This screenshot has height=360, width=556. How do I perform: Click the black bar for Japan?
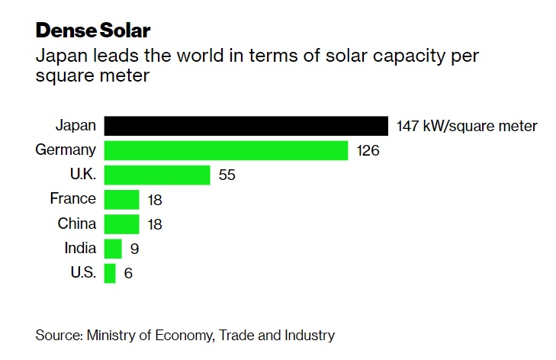[x=246, y=126]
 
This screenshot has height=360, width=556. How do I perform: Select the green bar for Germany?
[x=226, y=150]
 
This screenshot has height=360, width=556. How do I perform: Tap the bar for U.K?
[x=156, y=175]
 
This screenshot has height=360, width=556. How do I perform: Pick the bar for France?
[x=121, y=200]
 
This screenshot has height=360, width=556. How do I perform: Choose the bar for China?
[x=121, y=224]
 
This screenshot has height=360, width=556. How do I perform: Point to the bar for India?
[x=113, y=249]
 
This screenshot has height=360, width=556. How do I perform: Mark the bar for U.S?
[x=110, y=273]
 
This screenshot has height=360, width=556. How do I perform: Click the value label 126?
[x=368, y=151]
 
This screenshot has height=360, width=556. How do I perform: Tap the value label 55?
[x=227, y=175]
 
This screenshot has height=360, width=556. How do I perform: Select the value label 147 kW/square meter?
[x=467, y=127]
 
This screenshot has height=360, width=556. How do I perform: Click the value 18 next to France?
[x=155, y=200]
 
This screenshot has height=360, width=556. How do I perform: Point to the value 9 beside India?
[x=134, y=249]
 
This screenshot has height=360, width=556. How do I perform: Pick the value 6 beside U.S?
[x=128, y=273]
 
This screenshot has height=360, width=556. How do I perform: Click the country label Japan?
[x=76, y=126]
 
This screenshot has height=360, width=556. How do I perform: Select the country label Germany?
[x=66, y=150]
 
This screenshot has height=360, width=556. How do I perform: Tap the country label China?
[x=77, y=224]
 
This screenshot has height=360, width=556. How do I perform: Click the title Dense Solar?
[x=93, y=31]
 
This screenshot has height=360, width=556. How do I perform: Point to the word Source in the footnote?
[x=58, y=335]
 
